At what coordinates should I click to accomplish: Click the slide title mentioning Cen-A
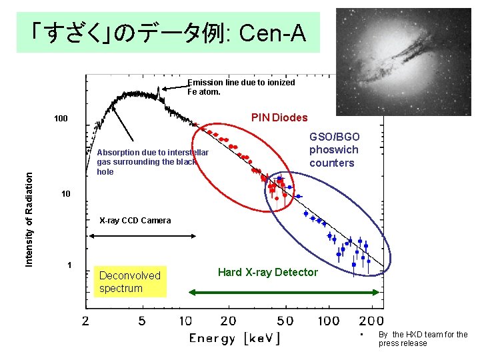[x=168, y=32]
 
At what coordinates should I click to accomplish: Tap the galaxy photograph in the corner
[x=403, y=61]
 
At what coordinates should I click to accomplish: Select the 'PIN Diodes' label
[x=279, y=118]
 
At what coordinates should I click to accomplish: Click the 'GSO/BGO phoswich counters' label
[x=333, y=149]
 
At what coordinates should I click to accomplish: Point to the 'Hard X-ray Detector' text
[x=268, y=272]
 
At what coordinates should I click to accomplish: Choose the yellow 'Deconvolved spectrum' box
[x=130, y=281]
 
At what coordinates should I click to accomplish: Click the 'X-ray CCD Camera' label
[x=135, y=221]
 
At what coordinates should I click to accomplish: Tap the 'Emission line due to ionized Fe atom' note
[x=241, y=87]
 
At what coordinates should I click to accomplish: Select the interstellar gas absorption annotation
[x=152, y=162]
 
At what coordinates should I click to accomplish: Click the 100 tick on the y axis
[x=61, y=119]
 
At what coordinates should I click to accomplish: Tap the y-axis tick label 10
[x=65, y=194]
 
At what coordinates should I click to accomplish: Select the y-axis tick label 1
[x=69, y=265]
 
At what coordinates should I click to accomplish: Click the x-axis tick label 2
[x=85, y=321]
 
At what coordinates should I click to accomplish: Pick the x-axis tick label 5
[x=142, y=321]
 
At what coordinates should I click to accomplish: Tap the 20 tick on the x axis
[x=229, y=321]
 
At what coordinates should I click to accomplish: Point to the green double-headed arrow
[x=285, y=291]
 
